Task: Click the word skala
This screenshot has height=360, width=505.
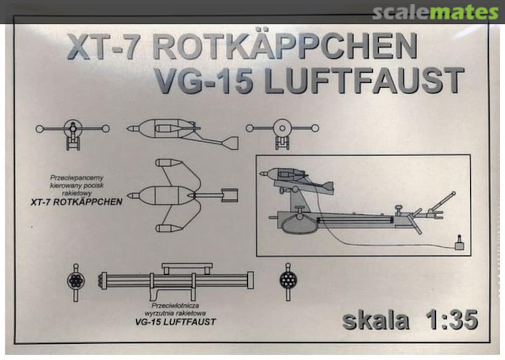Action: (375, 321)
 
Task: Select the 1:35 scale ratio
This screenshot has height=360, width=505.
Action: (452, 321)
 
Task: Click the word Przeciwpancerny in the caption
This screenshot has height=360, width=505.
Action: (77, 178)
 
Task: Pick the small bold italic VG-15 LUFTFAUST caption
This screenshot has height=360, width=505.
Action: (175, 322)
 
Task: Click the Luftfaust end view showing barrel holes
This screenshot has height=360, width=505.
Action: (76, 281)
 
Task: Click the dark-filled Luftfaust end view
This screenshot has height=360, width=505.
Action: (288, 280)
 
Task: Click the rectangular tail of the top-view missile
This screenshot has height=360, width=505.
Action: (229, 195)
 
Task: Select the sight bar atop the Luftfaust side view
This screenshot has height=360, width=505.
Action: (187, 266)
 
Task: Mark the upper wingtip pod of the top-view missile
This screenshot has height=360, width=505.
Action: (168, 163)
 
